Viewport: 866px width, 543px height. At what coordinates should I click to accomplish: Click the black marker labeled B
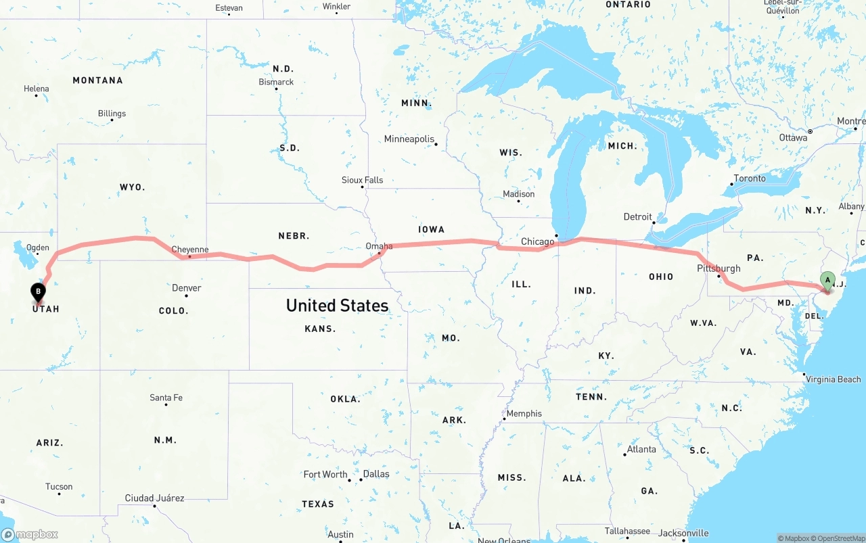39,293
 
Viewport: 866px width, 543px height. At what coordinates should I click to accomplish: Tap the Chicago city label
537,242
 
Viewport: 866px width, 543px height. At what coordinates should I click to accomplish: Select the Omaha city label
378,246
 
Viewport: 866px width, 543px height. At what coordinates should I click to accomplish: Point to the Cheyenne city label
189,250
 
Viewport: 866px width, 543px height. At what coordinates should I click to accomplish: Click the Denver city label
186,288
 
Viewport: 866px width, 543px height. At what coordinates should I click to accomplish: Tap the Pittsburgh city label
719,268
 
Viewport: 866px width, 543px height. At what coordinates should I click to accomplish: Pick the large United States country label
337,306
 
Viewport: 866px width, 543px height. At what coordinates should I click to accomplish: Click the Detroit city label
637,217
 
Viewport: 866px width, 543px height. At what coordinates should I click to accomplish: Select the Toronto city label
750,179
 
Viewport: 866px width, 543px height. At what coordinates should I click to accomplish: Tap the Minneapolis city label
409,139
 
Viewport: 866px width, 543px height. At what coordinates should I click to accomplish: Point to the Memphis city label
524,414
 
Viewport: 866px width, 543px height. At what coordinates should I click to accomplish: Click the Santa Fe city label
166,398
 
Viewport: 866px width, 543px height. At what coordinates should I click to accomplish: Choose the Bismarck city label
276,82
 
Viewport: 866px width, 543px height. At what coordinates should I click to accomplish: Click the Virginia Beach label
833,379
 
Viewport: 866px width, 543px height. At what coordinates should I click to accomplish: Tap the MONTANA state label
97,80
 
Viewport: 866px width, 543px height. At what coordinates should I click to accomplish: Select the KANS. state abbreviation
320,329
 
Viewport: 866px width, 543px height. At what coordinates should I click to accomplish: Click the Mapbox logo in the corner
30,534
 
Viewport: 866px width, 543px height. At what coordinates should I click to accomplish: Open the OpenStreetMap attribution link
835,538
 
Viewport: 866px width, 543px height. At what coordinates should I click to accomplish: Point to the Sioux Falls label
362,181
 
